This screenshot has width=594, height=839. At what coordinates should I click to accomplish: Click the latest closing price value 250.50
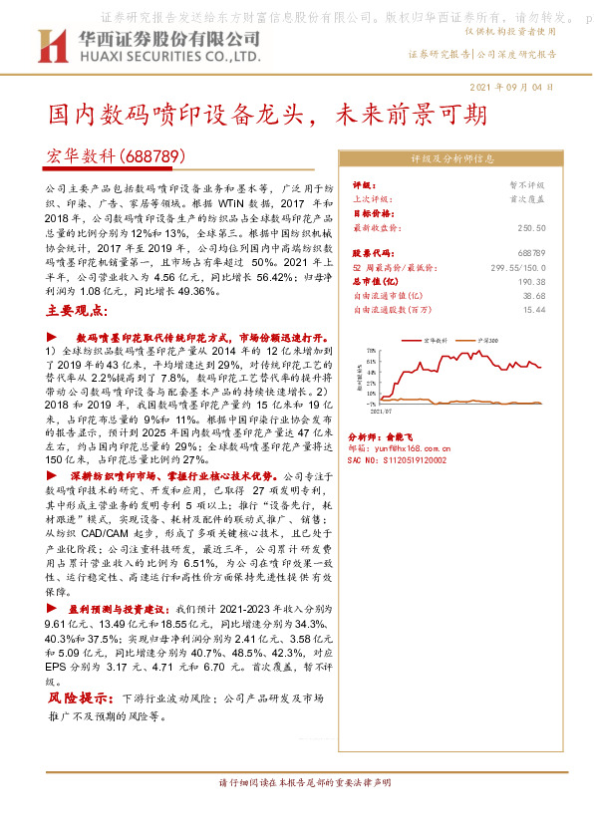click(x=533, y=227)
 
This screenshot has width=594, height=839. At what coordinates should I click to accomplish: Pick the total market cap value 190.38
click(x=533, y=282)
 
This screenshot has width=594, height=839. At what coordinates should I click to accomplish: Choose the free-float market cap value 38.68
click(x=533, y=296)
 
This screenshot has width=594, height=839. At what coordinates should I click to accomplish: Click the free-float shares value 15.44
click(x=533, y=310)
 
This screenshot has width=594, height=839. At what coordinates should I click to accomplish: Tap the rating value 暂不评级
click(x=528, y=185)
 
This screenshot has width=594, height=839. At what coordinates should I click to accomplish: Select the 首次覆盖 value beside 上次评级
click(x=528, y=198)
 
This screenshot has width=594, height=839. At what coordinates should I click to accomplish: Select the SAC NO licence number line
click(x=398, y=460)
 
